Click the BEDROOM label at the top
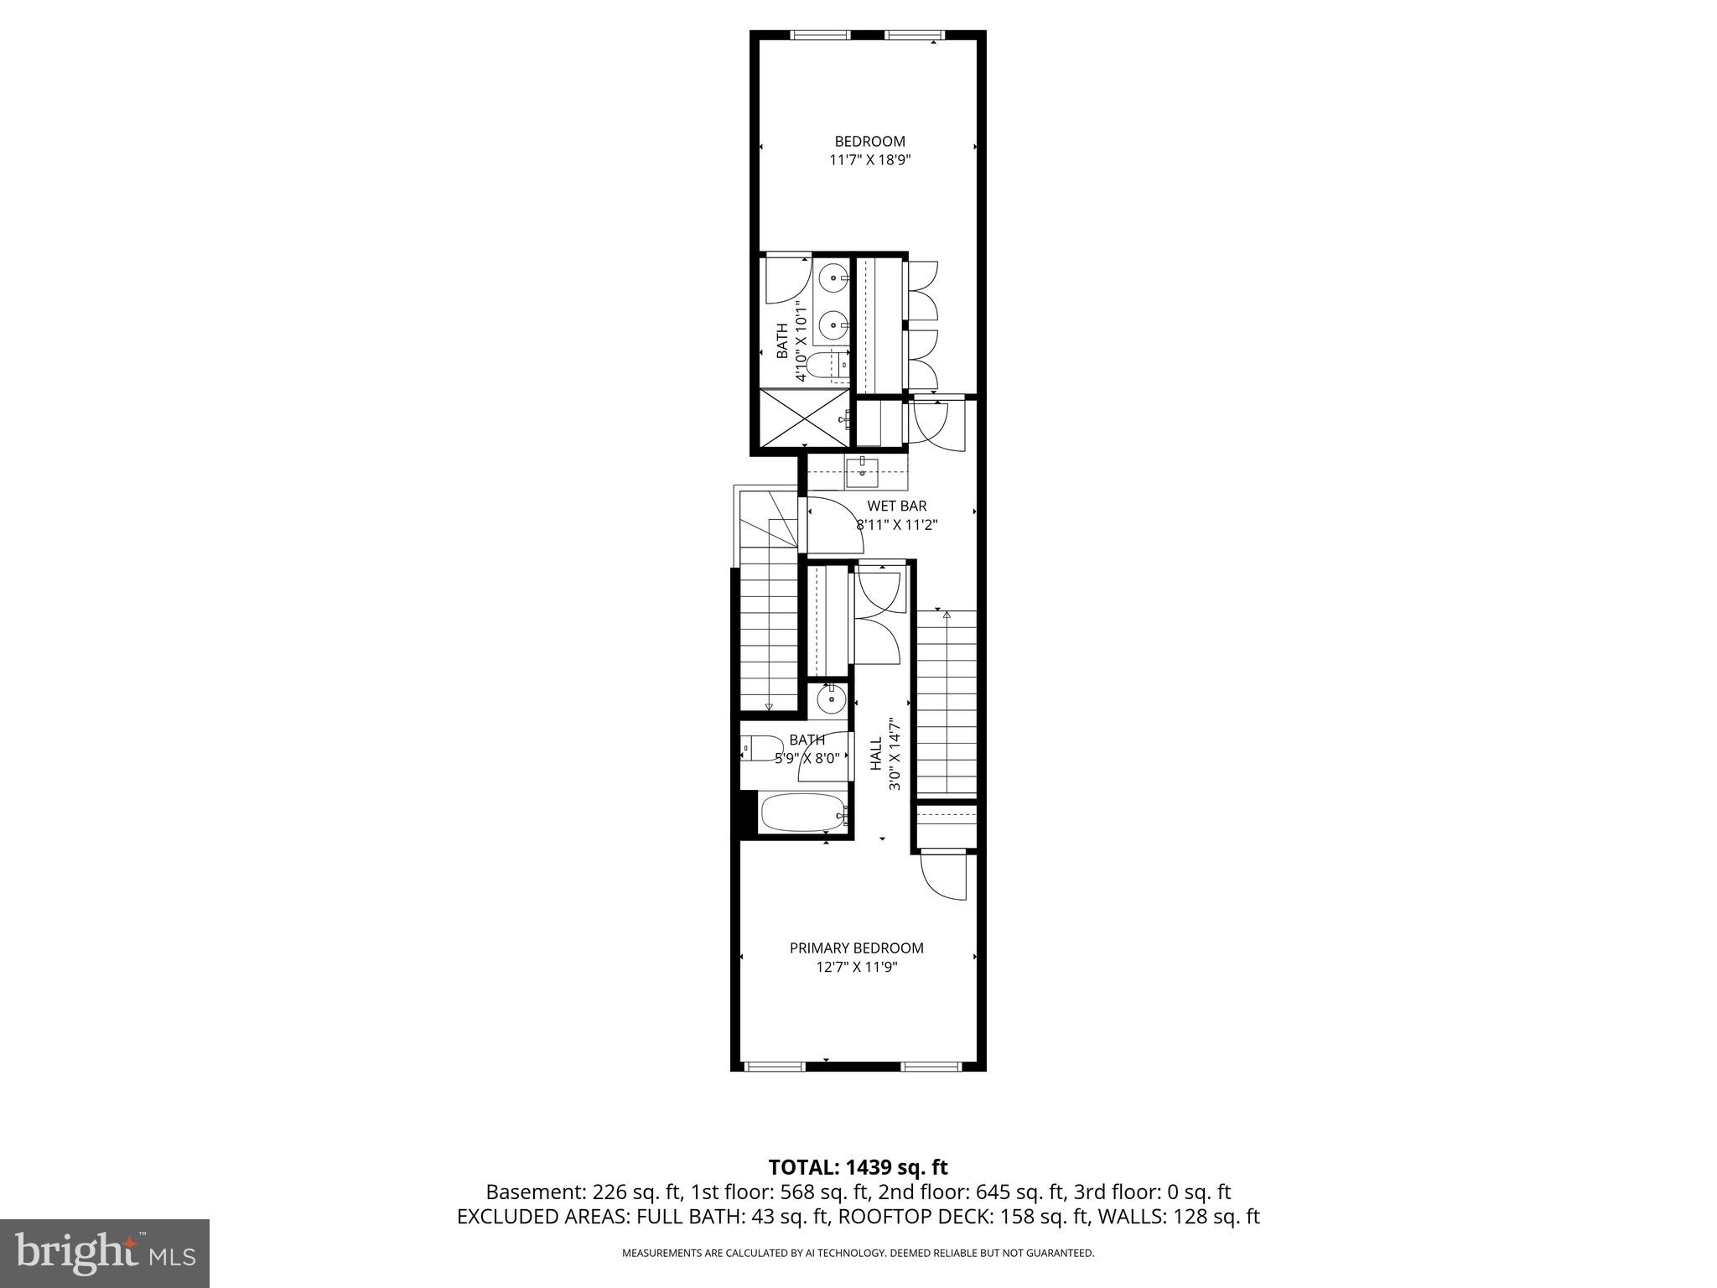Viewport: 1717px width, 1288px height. tap(869, 142)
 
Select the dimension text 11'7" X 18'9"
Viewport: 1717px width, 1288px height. tap(869, 160)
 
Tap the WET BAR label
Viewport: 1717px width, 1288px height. tap(896, 506)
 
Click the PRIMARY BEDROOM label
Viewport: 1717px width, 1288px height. tap(856, 948)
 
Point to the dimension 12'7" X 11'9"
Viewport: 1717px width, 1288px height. tap(856, 967)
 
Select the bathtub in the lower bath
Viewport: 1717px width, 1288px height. tap(802, 813)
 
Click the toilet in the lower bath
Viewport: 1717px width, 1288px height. tap(760, 747)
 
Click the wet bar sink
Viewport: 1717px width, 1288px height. tap(862, 473)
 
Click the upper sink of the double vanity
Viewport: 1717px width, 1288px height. tap(833, 277)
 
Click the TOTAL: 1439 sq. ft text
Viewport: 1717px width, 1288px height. tap(858, 1167)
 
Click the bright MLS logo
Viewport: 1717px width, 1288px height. tap(105, 1253)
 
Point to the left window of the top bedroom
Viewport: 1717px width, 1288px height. tap(820, 35)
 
